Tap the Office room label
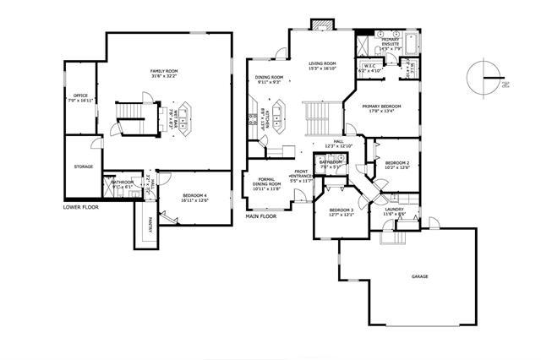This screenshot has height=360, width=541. pyautogui.click(x=80, y=98)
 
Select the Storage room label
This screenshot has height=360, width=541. pyautogui.click(x=83, y=166)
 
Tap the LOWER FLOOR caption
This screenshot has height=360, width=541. pyautogui.click(x=82, y=206)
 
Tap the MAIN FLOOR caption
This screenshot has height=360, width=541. pyautogui.click(x=261, y=216)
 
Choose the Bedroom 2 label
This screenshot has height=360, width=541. pyautogui.click(x=397, y=164)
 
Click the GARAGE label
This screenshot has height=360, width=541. pyautogui.click(x=419, y=276)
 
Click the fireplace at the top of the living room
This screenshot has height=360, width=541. pyautogui.click(x=319, y=25)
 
